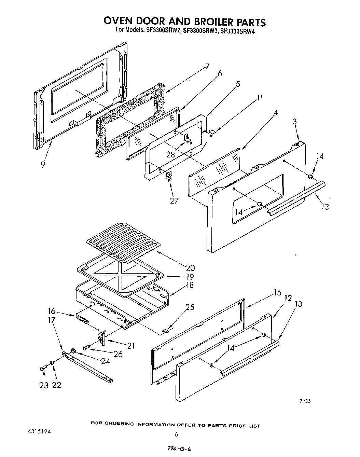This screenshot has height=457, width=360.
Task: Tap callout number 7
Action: pos(207,67)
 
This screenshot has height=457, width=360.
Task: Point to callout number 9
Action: pos(43,165)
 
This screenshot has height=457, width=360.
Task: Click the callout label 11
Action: pos(260,98)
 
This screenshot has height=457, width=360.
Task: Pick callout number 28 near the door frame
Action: pos(170,155)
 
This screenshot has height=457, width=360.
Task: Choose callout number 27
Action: pos(174,200)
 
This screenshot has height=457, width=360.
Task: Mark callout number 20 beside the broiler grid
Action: pos(190,268)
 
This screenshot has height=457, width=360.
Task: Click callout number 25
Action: pos(189,307)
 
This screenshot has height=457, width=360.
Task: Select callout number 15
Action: pos(277,292)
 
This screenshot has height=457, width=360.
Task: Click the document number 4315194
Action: pos(39,432)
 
